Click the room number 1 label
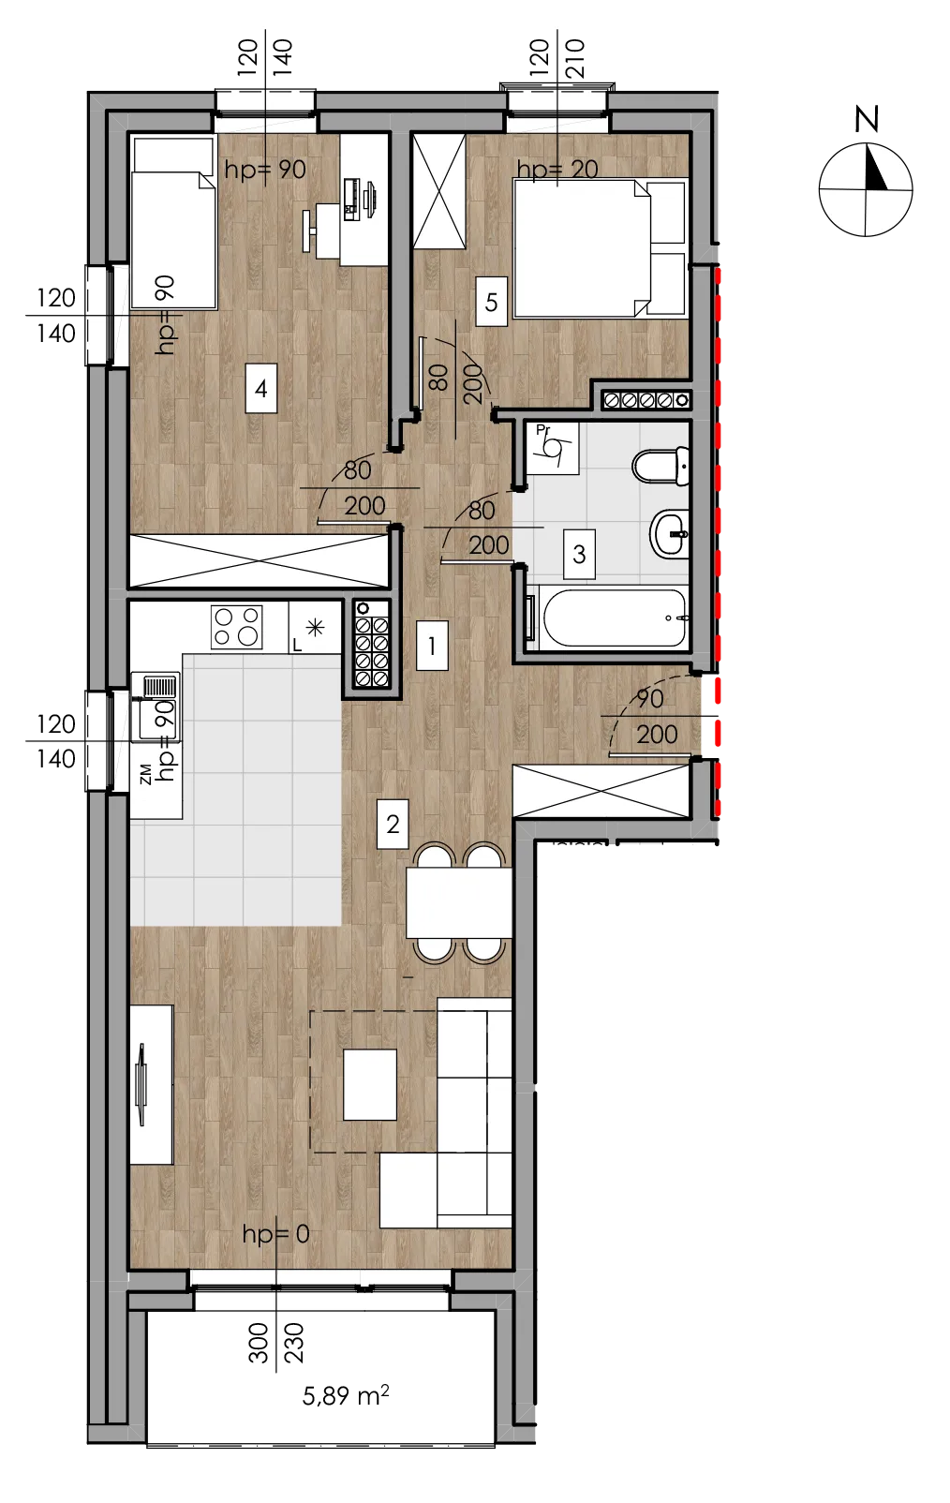pyautogui.click(x=431, y=646)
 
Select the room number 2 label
pyautogui.click(x=393, y=824)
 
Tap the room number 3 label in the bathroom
pyautogui.click(x=579, y=554)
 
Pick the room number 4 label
pyautogui.click(x=261, y=388)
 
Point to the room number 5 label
pyautogui.click(x=491, y=302)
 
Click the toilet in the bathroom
pyautogui.click(x=661, y=465)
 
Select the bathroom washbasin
pyautogui.click(x=670, y=533)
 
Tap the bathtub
pyautogui.click(x=614, y=618)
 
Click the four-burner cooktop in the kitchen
pyautogui.click(x=236, y=627)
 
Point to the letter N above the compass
pyautogui.click(x=866, y=119)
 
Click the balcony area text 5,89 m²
pyautogui.click(x=346, y=1395)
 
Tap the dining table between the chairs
pyautogui.click(x=459, y=902)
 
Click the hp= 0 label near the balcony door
pyautogui.click(x=275, y=1234)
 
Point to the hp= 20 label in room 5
pyautogui.click(x=557, y=169)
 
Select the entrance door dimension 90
pyautogui.click(x=649, y=698)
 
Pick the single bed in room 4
pyautogui.click(x=173, y=223)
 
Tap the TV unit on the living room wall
pyautogui.click(x=151, y=1084)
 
